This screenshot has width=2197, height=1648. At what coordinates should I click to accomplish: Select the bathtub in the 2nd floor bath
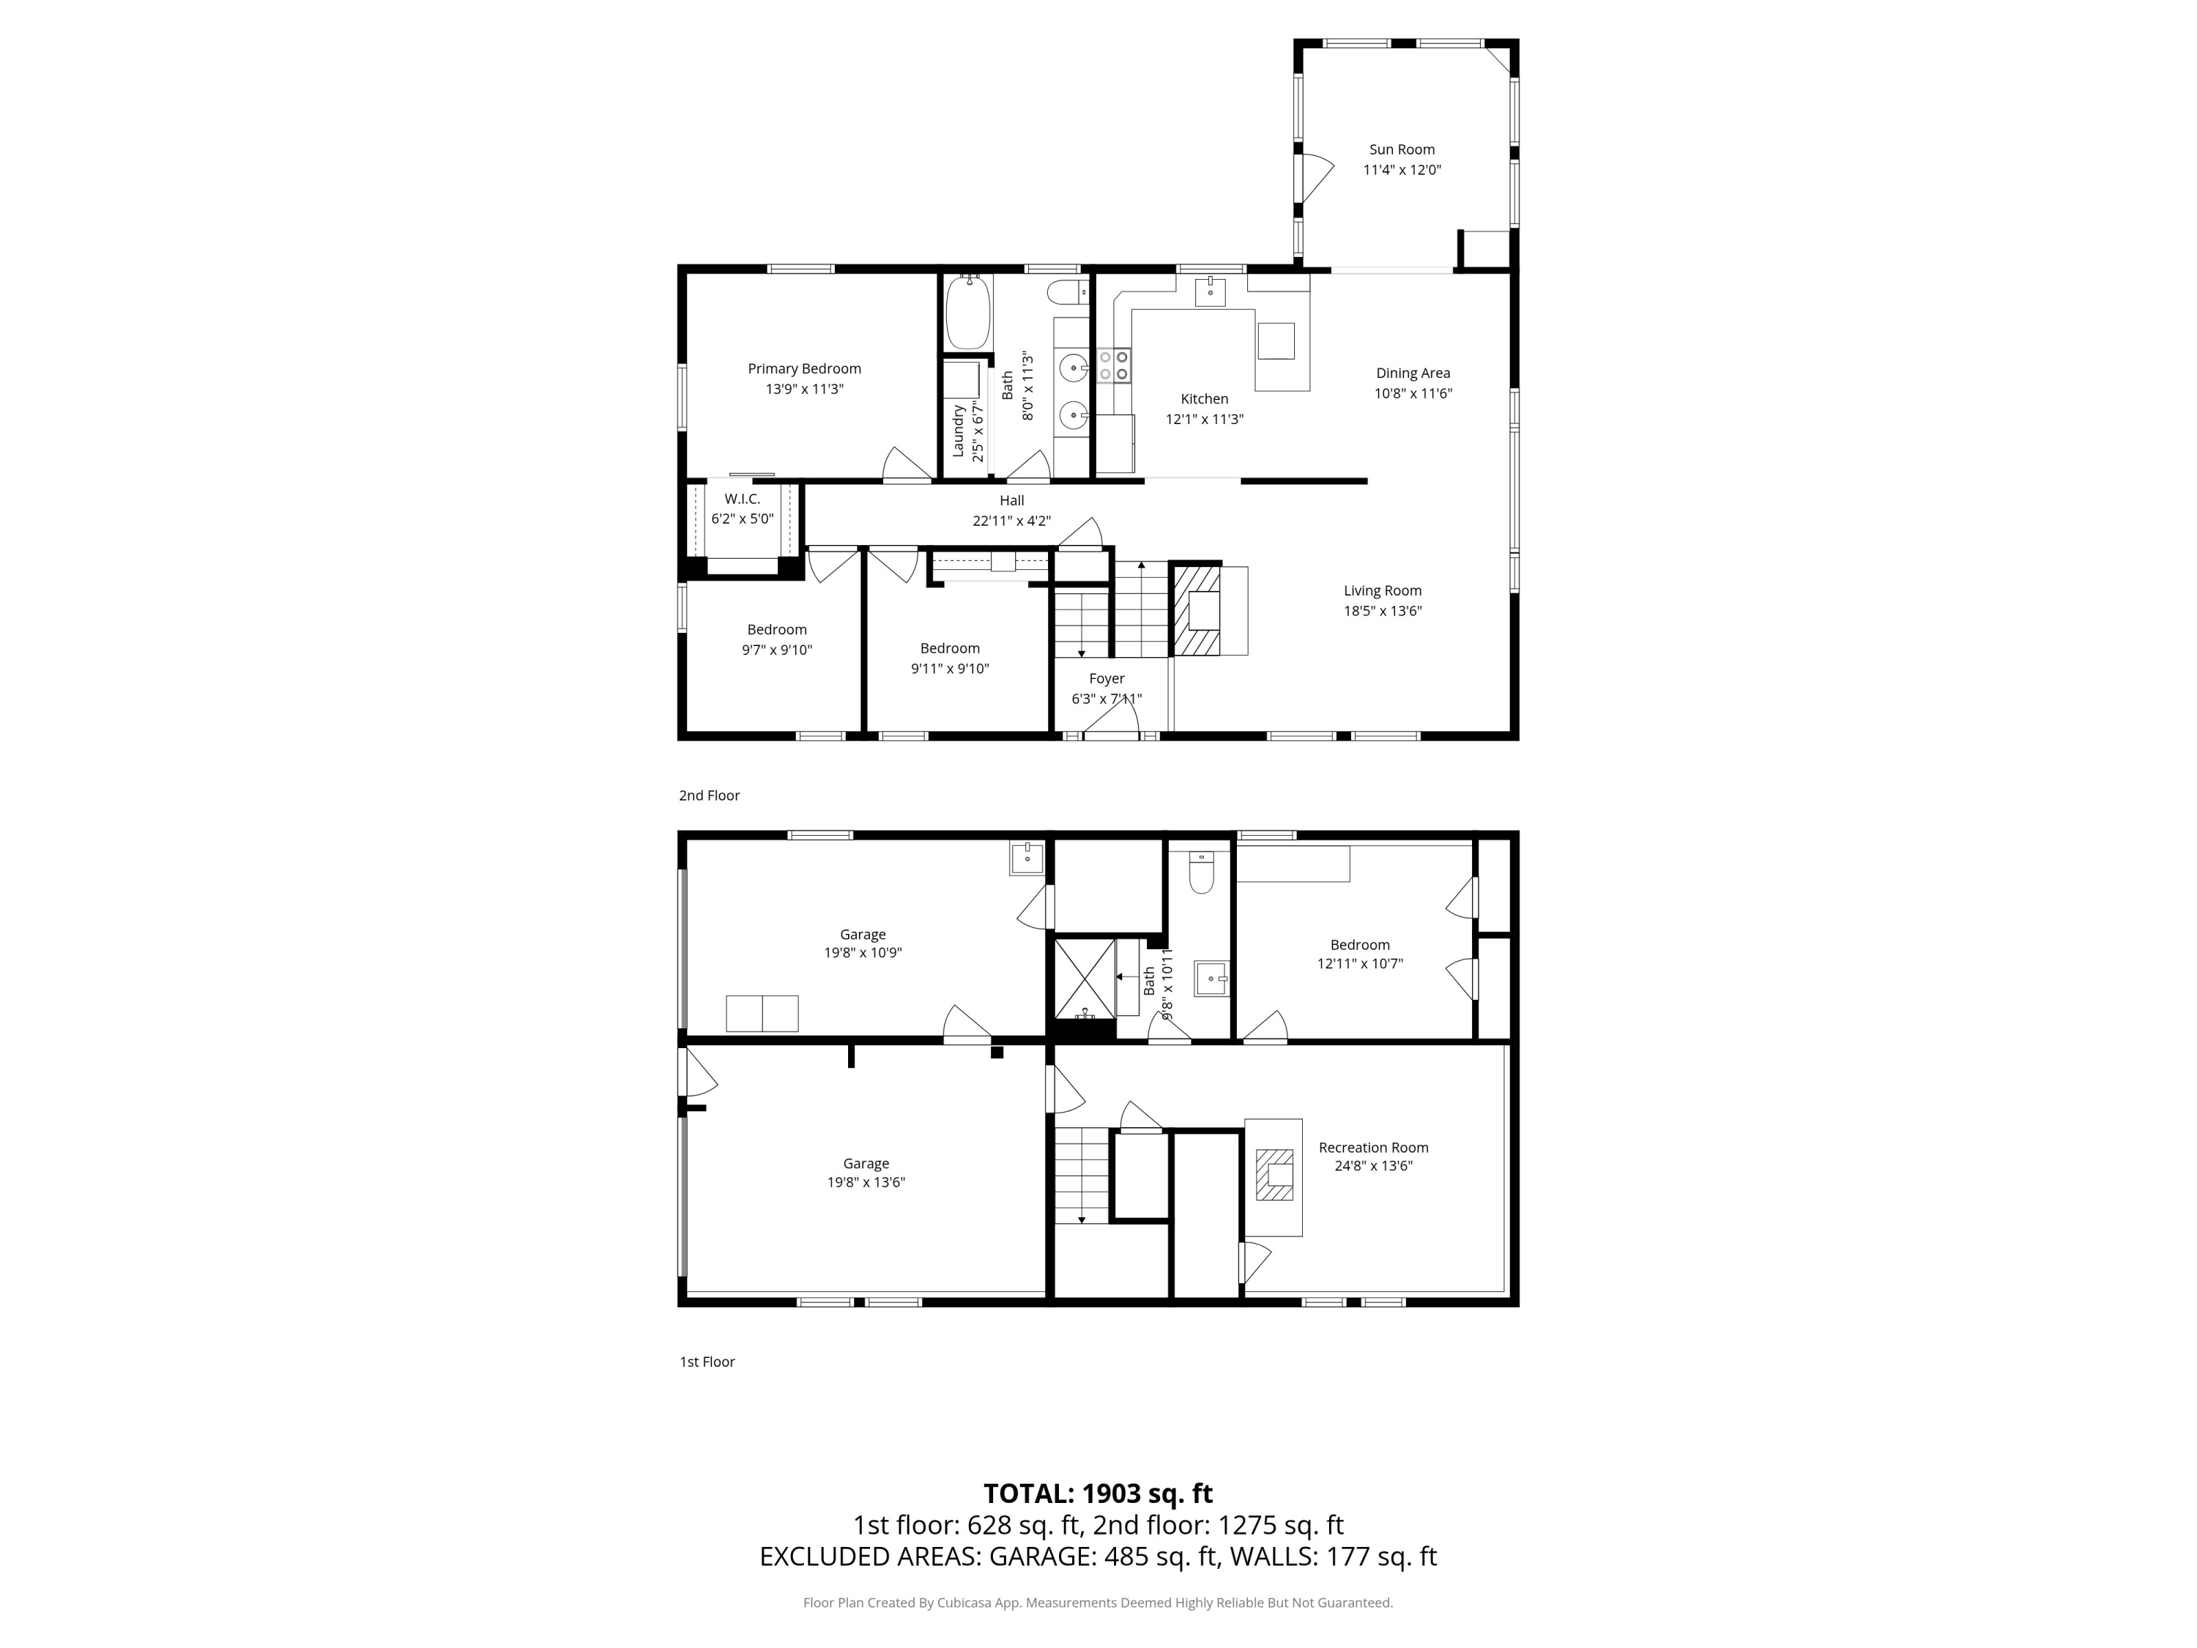(967, 312)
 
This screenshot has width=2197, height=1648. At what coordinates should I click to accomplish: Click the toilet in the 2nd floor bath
(1068, 293)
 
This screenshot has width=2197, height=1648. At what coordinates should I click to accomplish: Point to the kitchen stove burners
(1113, 365)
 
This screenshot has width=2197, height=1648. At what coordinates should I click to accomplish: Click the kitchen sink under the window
(1210, 292)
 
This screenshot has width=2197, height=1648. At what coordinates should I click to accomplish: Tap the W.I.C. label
(742, 499)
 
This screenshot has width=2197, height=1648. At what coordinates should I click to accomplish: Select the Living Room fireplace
(1197, 610)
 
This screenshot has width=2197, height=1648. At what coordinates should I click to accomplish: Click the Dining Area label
(1413, 374)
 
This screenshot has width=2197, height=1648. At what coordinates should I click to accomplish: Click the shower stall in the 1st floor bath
(1084, 979)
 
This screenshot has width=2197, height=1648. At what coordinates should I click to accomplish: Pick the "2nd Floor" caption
(709, 795)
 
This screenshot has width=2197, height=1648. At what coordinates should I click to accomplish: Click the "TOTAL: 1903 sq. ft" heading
(1098, 1493)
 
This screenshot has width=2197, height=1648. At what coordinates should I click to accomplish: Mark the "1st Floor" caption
(707, 1362)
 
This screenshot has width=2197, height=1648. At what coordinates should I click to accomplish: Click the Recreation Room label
(1374, 1147)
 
